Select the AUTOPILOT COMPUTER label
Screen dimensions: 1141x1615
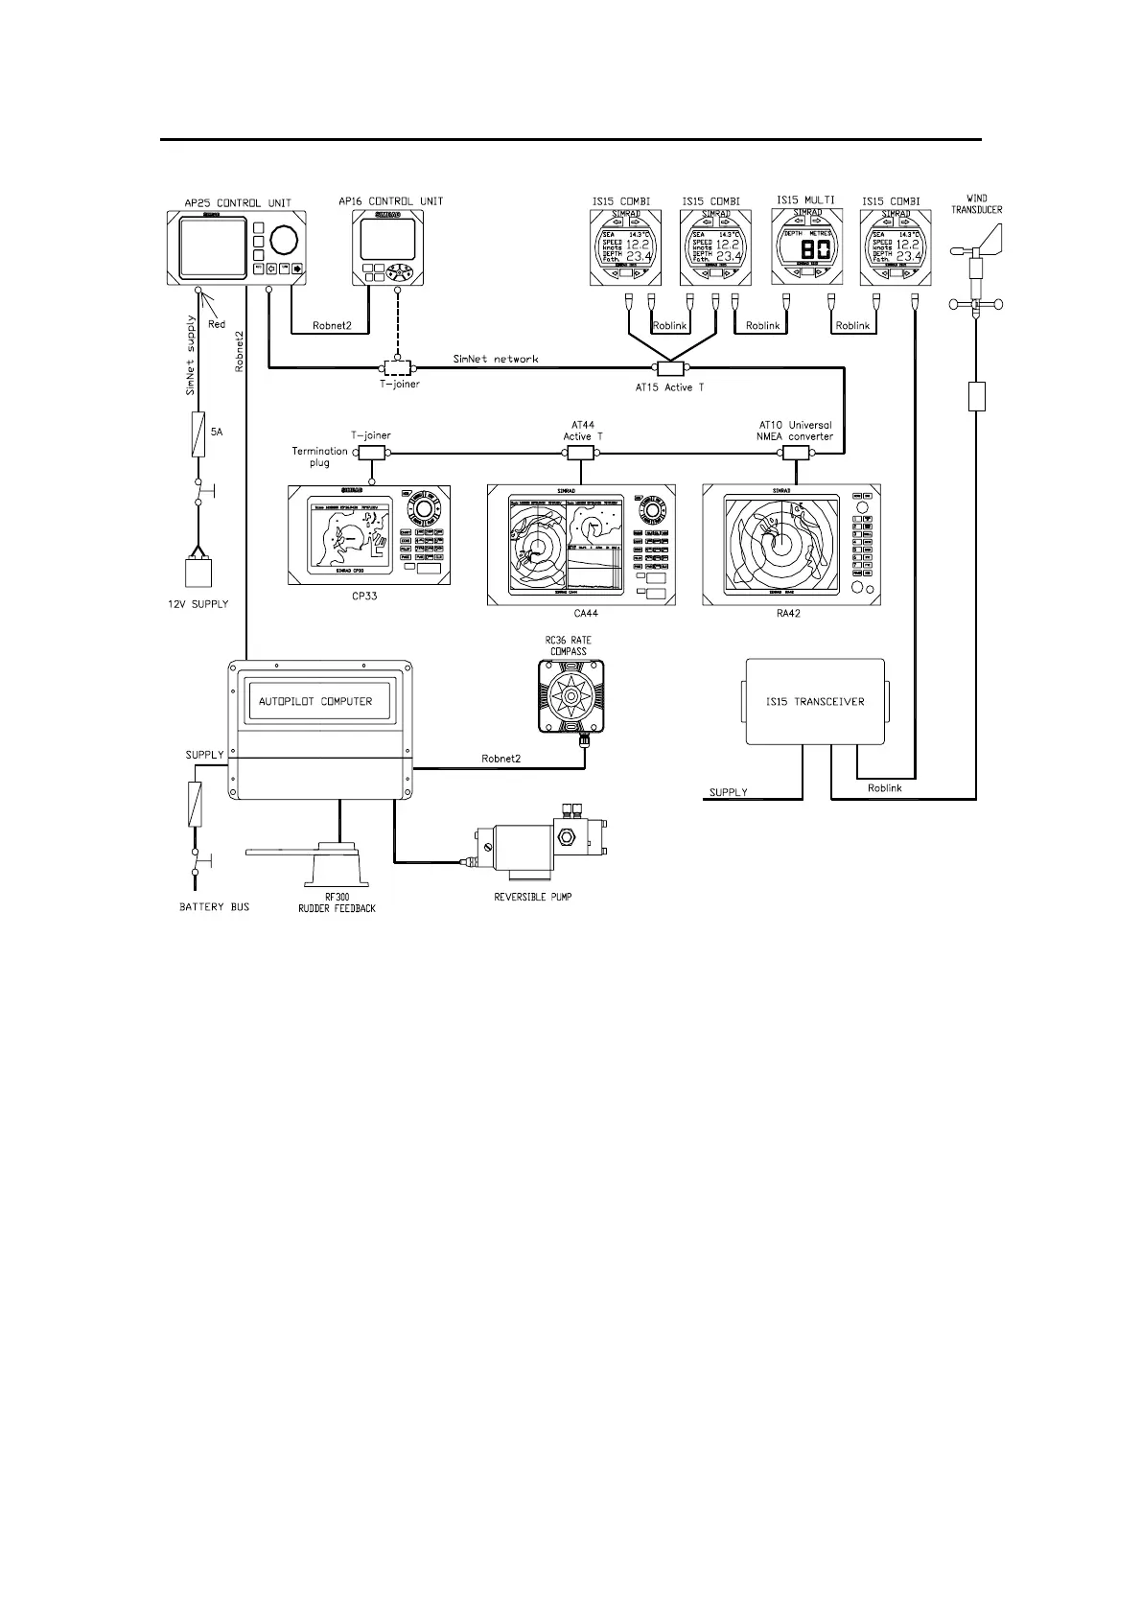point(315,701)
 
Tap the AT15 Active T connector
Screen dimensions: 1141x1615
point(670,369)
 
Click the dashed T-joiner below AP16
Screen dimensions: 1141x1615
point(396,367)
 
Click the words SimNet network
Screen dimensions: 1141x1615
point(496,359)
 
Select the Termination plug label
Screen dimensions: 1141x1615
point(319,456)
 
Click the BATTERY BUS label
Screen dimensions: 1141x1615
point(214,906)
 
